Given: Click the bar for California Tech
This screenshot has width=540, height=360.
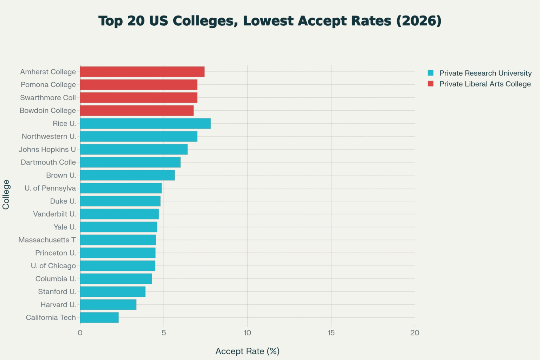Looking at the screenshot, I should point(99,317).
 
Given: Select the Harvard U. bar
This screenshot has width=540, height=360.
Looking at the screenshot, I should point(108,304).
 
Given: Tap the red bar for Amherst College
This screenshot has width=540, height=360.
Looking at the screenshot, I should point(142,72).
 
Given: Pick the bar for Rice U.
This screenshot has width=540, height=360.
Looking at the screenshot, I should point(145,123).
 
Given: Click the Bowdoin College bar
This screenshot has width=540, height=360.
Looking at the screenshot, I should point(137,110).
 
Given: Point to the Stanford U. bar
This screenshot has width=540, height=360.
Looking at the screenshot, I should point(112,291).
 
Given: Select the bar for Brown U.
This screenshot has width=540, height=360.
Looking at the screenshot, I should point(127,175).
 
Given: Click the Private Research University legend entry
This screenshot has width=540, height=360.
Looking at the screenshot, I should point(485,73).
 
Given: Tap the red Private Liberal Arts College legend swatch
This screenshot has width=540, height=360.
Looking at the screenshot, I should point(431,84).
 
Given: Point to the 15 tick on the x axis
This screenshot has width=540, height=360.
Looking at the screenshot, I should point(331,333).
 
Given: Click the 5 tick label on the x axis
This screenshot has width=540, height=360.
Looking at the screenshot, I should point(164,333).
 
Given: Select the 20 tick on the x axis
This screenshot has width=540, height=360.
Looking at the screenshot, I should point(414,333).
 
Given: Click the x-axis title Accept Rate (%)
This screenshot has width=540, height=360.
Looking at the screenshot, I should point(247,351).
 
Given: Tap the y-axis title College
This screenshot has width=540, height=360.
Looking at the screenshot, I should point(6,194).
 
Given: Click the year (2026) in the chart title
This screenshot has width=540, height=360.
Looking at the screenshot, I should point(419,21).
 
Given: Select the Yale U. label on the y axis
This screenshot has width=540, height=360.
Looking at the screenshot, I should point(65,227).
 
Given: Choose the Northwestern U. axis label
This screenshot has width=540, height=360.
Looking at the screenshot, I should point(49,136).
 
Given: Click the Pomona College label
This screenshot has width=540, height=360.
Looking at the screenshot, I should point(48,85).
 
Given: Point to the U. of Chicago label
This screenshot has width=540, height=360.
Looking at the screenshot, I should point(53,266).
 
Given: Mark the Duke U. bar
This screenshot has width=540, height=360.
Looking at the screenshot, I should point(120,201).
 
